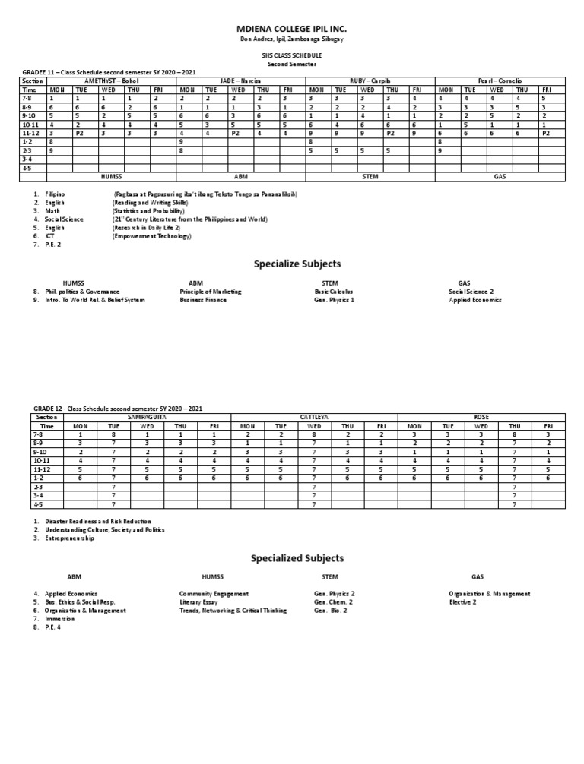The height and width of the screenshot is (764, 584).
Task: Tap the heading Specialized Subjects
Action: click(x=297, y=558)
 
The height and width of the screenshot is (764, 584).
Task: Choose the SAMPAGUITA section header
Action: click(x=147, y=418)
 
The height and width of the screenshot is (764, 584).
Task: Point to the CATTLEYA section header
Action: click(x=314, y=418)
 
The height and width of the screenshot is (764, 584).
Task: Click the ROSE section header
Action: click(x=481, y=418)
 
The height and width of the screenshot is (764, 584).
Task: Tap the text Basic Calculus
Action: click(x=334, y=292)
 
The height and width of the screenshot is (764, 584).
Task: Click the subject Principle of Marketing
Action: click(x=211, y=292)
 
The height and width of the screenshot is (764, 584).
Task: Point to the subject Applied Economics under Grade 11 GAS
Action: click(x=475, y=300)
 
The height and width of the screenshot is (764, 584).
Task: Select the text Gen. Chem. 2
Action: click(x=335, y=601)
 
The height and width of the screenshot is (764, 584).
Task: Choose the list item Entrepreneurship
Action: click(x=70, y=538)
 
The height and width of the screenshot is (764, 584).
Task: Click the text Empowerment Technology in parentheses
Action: click(x=152, y=236)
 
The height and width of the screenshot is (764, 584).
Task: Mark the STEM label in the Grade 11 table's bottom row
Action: click(x=369, y=176)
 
